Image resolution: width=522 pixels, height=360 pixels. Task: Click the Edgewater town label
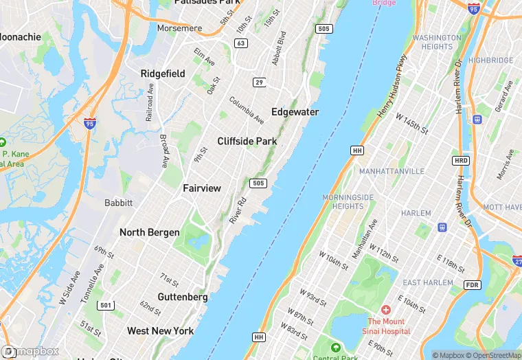(x=295, y=112)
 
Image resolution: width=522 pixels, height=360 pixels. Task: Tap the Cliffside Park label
(x=247, y=142)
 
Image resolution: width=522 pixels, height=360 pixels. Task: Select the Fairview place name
(x=202, y=188)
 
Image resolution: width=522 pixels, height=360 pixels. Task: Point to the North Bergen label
(x=150, y=232)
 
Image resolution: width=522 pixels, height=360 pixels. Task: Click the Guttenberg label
(x=183, y=297)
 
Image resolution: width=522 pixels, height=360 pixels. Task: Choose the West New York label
(x=160, y=331)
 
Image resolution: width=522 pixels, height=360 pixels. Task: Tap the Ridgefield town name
(x=163, y=74)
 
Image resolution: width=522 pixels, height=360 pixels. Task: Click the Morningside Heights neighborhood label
(x=348, y=202)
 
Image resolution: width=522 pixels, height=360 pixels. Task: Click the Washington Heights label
(x=438, y=42)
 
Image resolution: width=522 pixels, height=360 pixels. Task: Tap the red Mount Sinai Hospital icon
(x=385, y=311)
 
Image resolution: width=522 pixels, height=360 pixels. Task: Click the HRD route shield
(x=460, y=161)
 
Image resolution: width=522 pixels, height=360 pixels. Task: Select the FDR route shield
(x=471, y=284)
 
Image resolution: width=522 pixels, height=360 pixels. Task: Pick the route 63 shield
(x=240, y=43)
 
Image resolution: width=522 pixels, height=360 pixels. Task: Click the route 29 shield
(x=259, y=82)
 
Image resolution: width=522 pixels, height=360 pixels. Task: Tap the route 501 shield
(x=105, y=305)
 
